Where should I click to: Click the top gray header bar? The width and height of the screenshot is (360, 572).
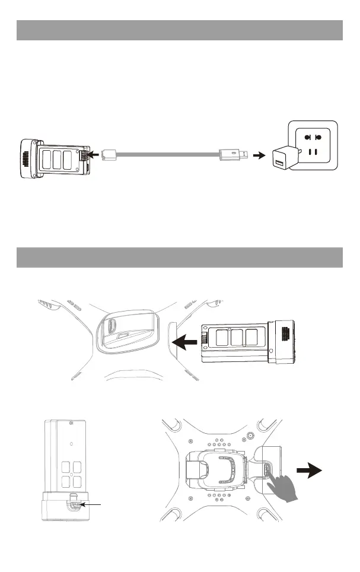(x=180, y=30)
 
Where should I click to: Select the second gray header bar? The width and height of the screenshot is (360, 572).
(x=180, y=258)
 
